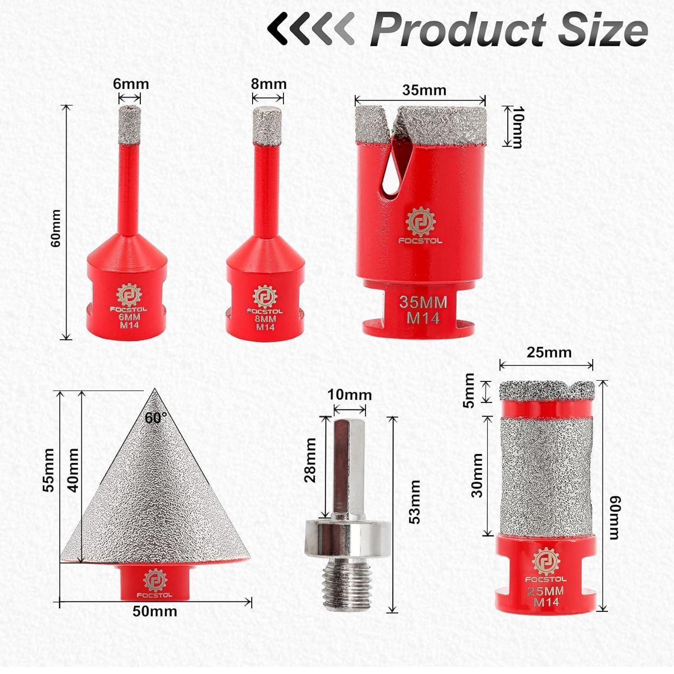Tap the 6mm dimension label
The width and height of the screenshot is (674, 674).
pos(130,84)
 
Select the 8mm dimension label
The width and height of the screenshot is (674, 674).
pos(269,84)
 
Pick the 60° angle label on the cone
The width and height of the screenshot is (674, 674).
pos(155,418)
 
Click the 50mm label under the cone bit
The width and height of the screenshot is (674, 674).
pos(155,611)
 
